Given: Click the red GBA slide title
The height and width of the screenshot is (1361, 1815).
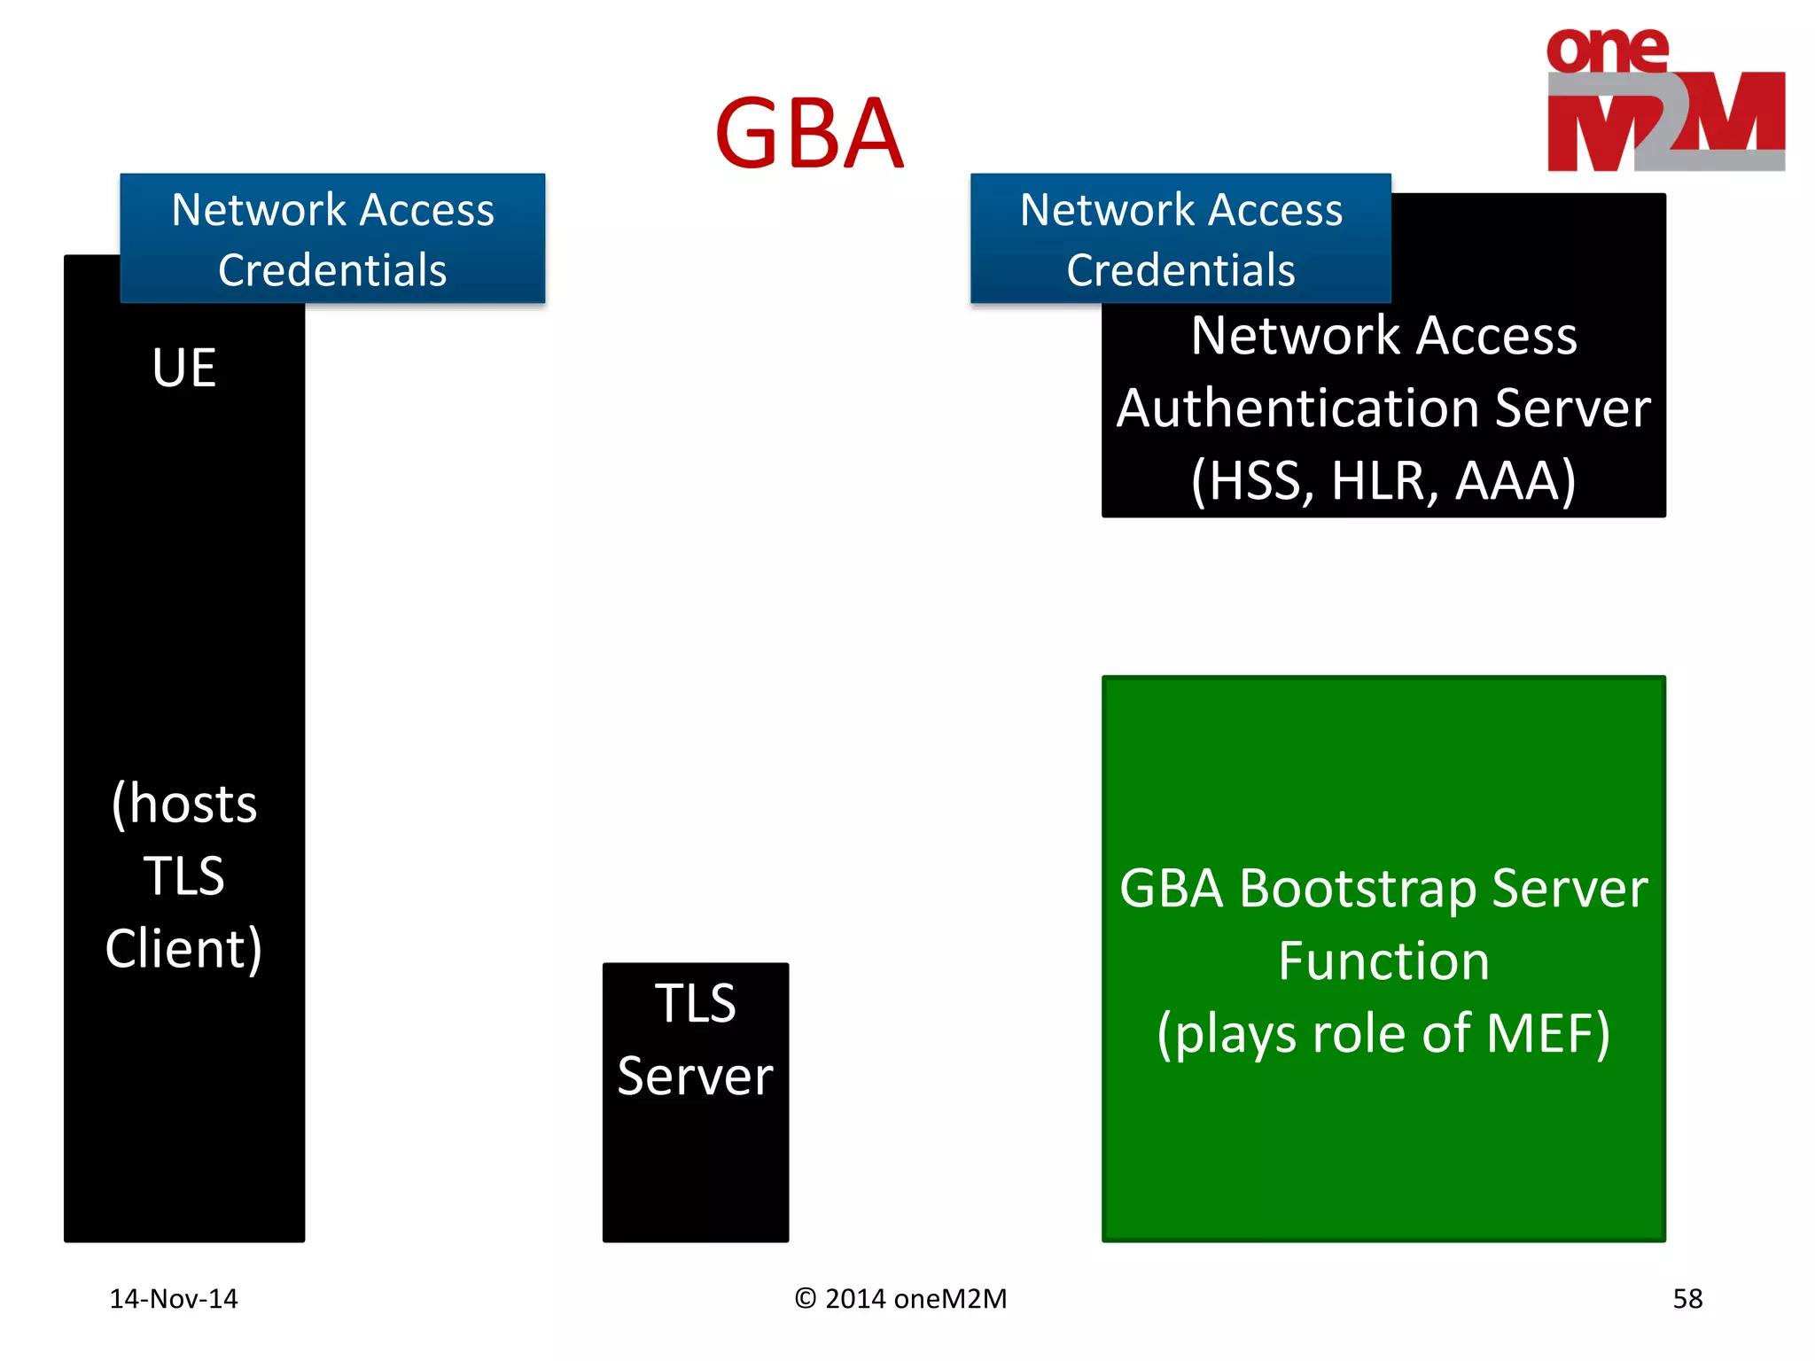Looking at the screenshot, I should (x=808, y=134).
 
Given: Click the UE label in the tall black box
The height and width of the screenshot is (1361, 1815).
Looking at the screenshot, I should (x=184, y=367).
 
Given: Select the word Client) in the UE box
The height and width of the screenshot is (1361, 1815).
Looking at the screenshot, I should (x=184, y=948).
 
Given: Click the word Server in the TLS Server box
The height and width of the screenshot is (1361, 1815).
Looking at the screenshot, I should (x=696, y=1076).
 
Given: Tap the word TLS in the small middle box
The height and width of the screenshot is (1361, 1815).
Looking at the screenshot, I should (x=696, y=1003).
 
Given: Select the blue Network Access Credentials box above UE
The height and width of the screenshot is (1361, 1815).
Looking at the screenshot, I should (x=332, y=238).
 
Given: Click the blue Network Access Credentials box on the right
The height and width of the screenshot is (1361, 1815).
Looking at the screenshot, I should (x=1180, y=238).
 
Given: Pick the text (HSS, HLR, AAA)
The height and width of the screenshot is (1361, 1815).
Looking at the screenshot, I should (x=1383, y=481).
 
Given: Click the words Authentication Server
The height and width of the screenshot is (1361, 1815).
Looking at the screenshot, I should (x=1383, y=408).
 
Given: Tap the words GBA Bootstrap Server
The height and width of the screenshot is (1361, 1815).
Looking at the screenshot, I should (x=1383, y=888).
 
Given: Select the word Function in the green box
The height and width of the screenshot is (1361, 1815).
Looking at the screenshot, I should (x=1383, y=960).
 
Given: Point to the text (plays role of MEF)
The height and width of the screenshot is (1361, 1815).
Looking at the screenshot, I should (x=1383, y=1033).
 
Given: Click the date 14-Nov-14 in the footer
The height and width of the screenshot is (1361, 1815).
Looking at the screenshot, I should (x=174, y=1299).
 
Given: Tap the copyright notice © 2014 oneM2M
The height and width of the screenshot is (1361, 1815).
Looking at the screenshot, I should (x=900, y=1299).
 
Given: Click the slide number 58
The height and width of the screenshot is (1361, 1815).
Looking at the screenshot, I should (x=1687, y=1299).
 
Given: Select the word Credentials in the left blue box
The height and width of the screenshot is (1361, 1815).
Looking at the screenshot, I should (x=332, y=270).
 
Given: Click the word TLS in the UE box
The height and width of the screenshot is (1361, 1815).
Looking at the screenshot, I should (x=184, y=875).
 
